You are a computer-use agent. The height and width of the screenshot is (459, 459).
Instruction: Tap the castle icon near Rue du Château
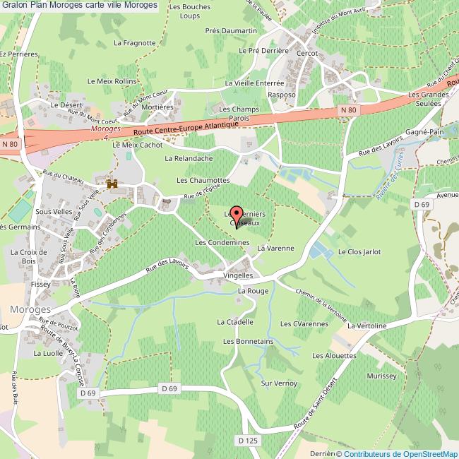point(112,184)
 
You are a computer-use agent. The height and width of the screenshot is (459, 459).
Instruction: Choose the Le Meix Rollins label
point(112,81)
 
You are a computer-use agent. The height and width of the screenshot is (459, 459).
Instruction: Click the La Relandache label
point(189,159)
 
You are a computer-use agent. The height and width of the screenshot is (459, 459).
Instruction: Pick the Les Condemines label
point(222,242)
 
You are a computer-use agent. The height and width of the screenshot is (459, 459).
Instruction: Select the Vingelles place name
point(238,275)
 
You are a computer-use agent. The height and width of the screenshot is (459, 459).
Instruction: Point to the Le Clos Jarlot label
point(359,251)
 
